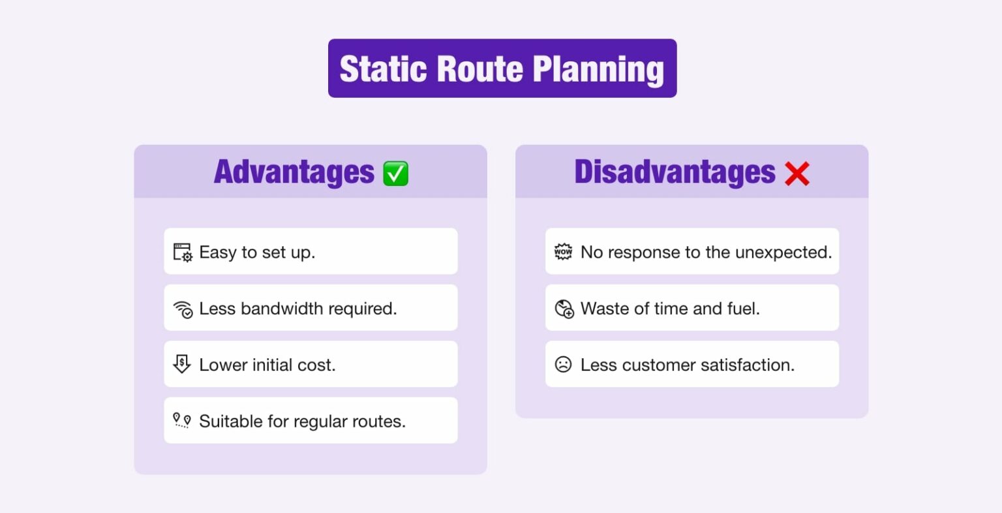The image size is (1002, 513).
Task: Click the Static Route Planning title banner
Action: tap(502, 69)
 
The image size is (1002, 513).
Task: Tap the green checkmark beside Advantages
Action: tap(395, 174)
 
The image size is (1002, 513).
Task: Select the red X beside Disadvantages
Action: tap(797, 174)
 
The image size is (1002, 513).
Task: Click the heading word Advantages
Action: tap(294, 172)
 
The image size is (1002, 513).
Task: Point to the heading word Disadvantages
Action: tap(675, 172)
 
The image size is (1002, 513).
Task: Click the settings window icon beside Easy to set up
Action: tap(183, 253)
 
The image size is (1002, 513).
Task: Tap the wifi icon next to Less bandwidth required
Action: tap(183, 309)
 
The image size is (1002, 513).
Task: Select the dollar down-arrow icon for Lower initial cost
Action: tap(182, 364)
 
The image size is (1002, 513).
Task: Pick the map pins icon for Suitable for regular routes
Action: tap(182, 421)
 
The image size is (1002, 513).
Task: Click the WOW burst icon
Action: tap(563, 252)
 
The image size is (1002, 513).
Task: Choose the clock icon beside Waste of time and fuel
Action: tap(564, 309)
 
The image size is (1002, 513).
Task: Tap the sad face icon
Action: tap(563, 364)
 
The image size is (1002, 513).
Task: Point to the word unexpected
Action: tap(790, 253)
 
